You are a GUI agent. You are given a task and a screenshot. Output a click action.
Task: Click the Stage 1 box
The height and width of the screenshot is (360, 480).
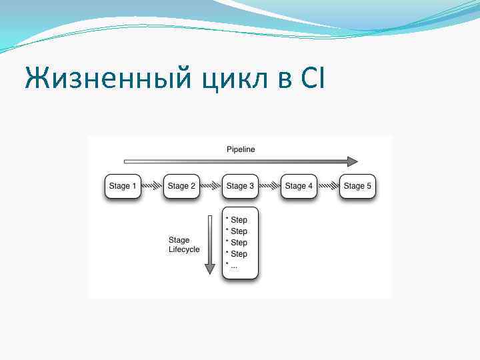(x=123, y=186)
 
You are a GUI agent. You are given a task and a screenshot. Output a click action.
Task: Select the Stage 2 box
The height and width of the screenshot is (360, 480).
(x=181, y=186)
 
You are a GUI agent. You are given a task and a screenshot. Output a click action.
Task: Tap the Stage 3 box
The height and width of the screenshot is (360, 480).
(x=240, y=186)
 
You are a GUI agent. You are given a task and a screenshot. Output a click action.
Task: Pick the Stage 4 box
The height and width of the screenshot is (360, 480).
(x=299, y=186)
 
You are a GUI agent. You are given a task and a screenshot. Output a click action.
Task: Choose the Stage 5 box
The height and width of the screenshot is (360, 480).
(x=357, y=186)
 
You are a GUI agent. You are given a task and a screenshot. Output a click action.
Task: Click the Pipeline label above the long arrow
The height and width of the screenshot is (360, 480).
(x=239, y=149)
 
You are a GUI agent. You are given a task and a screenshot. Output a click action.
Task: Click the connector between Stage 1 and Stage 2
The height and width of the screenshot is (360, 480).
(x=152, y=186)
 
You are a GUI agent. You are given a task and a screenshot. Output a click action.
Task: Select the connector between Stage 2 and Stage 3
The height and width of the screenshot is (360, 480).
(x=211, y=186)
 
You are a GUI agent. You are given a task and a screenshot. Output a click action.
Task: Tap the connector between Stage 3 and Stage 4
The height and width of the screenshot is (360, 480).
(x=269, y=186)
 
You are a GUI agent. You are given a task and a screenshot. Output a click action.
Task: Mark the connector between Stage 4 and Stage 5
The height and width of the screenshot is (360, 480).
(x=328, y=186)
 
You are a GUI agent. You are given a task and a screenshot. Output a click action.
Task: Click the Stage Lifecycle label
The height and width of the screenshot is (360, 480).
(x=183, y=245)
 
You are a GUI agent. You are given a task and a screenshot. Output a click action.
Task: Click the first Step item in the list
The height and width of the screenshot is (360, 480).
(x=237, y=220)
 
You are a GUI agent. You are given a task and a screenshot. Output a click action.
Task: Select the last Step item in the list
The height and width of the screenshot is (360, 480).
(x=237, y=254)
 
